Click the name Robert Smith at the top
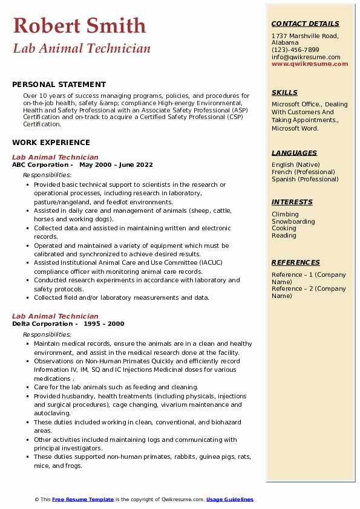(x=79, y=25)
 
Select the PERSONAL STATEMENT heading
(x=59, y=85)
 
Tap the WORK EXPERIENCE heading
(x=51, y=143)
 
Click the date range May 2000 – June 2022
(x=116, y=165)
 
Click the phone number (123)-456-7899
(x=295, y=50)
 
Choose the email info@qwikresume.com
(x=306, y=57)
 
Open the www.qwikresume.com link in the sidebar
(x=310, y=64)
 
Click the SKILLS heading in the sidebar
(x=284, y=92)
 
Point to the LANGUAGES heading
(x=294, y=153)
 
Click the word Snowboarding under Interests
(x=293, y=221)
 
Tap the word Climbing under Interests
(x=285, y=214)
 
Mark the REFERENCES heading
(x=296, y=262)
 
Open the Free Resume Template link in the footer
(x=83, y=499)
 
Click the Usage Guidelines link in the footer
(x=230, y=499)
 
